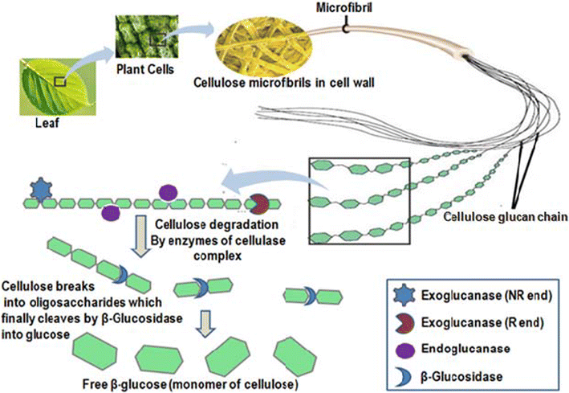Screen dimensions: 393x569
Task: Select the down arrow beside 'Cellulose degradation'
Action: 136,226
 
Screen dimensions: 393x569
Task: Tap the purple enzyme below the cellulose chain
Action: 112,212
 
